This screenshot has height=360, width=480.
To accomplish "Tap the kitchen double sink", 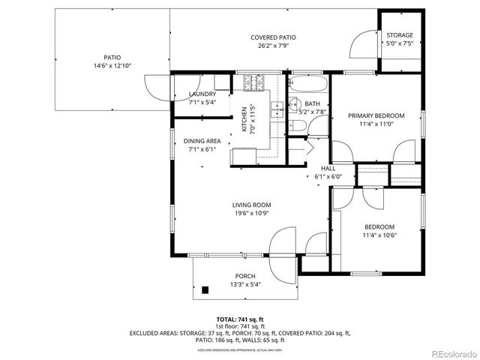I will tap(277, 109).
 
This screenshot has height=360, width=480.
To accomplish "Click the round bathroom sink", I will tap(294, 104).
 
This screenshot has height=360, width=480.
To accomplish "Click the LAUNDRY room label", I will tap(202, 94).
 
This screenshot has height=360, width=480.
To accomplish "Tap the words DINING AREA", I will tap(202, 141).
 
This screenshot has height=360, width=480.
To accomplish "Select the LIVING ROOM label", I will tap(251, 205).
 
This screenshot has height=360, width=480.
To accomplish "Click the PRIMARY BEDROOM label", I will tap(376, 115).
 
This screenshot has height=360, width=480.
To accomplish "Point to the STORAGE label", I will tap(399, 35).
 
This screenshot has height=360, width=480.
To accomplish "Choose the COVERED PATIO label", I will tap(273, 37).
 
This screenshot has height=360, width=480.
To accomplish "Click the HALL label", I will tap(328, 169).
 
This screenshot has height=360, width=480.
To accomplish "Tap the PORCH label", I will tap(245, 276).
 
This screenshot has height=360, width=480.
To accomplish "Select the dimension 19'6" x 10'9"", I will tap(251, 213).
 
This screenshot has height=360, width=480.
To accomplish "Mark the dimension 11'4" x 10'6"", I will tap(379, 235).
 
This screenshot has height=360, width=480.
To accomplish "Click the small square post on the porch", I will tap(205, 289).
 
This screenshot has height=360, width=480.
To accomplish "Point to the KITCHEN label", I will tap(245, 118).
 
